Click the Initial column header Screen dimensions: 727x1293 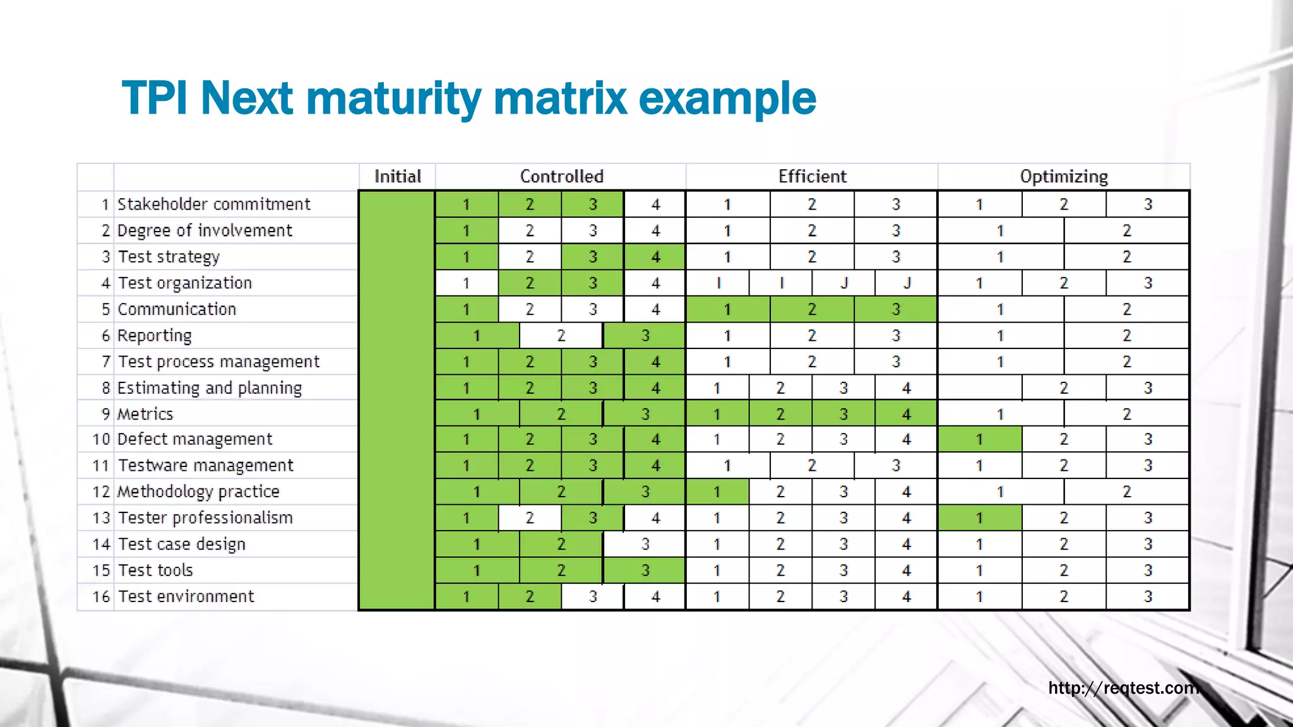[397, 176]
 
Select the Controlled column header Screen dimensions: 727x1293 [561, 176]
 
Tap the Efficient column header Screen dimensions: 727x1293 [812, 176]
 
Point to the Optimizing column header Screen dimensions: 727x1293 [1064, 176]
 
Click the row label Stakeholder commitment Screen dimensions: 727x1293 [214, 204]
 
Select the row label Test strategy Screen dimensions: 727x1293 [169, 257]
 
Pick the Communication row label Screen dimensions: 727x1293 [177, 309]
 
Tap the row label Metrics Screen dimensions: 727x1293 [145, 414]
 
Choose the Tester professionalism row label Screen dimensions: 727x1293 [206, 518]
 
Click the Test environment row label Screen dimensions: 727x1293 [186, 596]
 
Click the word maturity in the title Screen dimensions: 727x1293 [394, 99]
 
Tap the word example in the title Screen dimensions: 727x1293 [727, 99]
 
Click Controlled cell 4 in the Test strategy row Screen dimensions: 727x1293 [655, 257]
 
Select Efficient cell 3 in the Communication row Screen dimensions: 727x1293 [895, 309]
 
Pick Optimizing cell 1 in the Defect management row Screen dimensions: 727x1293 [979, 439]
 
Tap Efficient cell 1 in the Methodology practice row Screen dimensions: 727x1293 [717, 492]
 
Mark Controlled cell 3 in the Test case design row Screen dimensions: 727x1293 [645, 544]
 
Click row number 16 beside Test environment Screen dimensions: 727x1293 [101, 596]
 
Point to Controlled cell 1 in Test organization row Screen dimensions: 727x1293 [466, 283]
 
